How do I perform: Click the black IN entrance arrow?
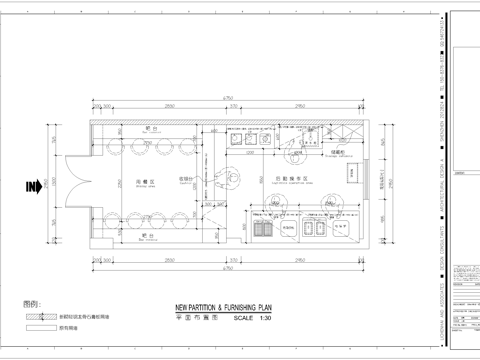(32, 187)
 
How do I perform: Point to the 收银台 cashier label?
(185, 180)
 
